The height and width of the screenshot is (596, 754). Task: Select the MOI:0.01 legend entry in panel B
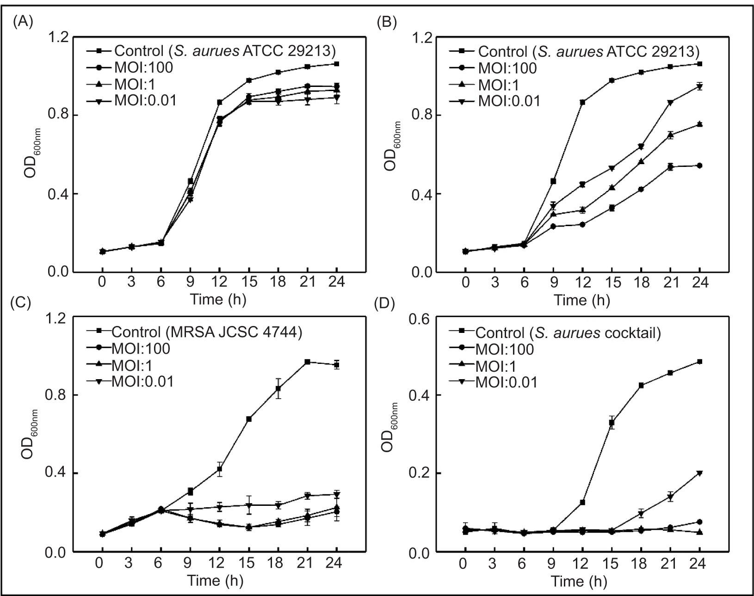coord(509,101)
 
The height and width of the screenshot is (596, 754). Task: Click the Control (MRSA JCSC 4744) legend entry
coord(207,332)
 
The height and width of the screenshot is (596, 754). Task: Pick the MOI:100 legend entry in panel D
coord(504,350)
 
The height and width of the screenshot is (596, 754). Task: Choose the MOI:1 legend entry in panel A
coord(137,84)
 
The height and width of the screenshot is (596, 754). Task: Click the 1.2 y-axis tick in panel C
coord(56,318)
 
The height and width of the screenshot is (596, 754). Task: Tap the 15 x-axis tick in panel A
coord(249,282)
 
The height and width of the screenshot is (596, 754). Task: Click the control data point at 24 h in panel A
coord(337,64)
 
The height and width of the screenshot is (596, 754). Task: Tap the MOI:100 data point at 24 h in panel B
coord(700,166)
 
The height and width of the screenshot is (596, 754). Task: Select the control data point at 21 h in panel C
coord(308,362)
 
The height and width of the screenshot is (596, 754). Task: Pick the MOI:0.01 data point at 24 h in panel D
coord(700,473)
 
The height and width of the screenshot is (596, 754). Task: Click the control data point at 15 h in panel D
coord(612,423)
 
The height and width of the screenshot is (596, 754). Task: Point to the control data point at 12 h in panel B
coord(582,102)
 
